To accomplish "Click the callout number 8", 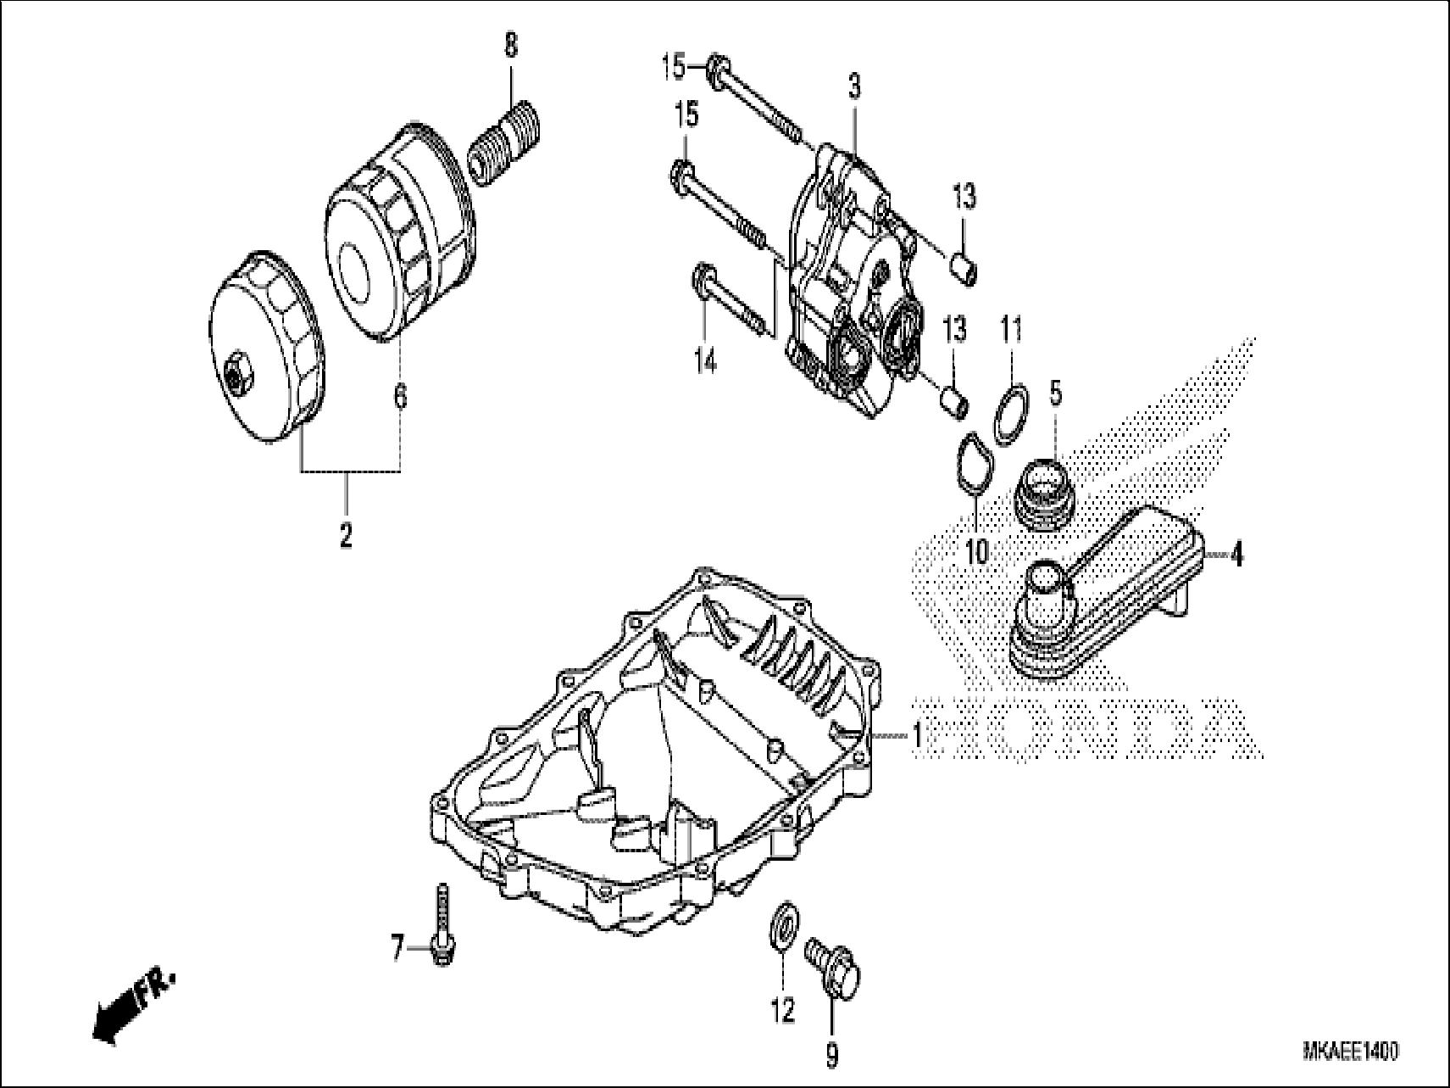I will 510,46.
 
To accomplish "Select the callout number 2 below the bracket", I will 345,536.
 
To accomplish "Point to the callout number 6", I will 400,395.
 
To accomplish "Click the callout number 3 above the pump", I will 853,85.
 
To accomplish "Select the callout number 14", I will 705,361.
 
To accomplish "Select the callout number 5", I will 1056,392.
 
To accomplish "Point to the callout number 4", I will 1236,555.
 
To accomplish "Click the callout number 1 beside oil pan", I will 917,734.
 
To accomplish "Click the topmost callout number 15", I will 674,66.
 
